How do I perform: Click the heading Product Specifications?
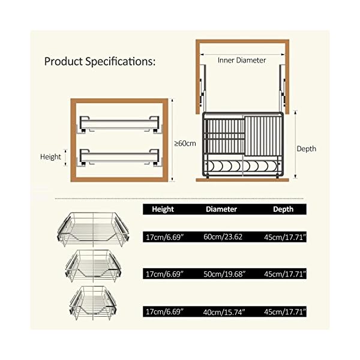tap(100, 61)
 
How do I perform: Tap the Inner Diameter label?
tap(242, 60)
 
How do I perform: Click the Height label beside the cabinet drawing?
tap(51, 157)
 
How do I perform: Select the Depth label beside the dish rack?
tap(307, 148)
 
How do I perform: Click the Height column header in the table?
tap(163, 209)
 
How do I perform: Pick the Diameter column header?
tap(221, 209)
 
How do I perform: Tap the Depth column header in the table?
tap(283, 209)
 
